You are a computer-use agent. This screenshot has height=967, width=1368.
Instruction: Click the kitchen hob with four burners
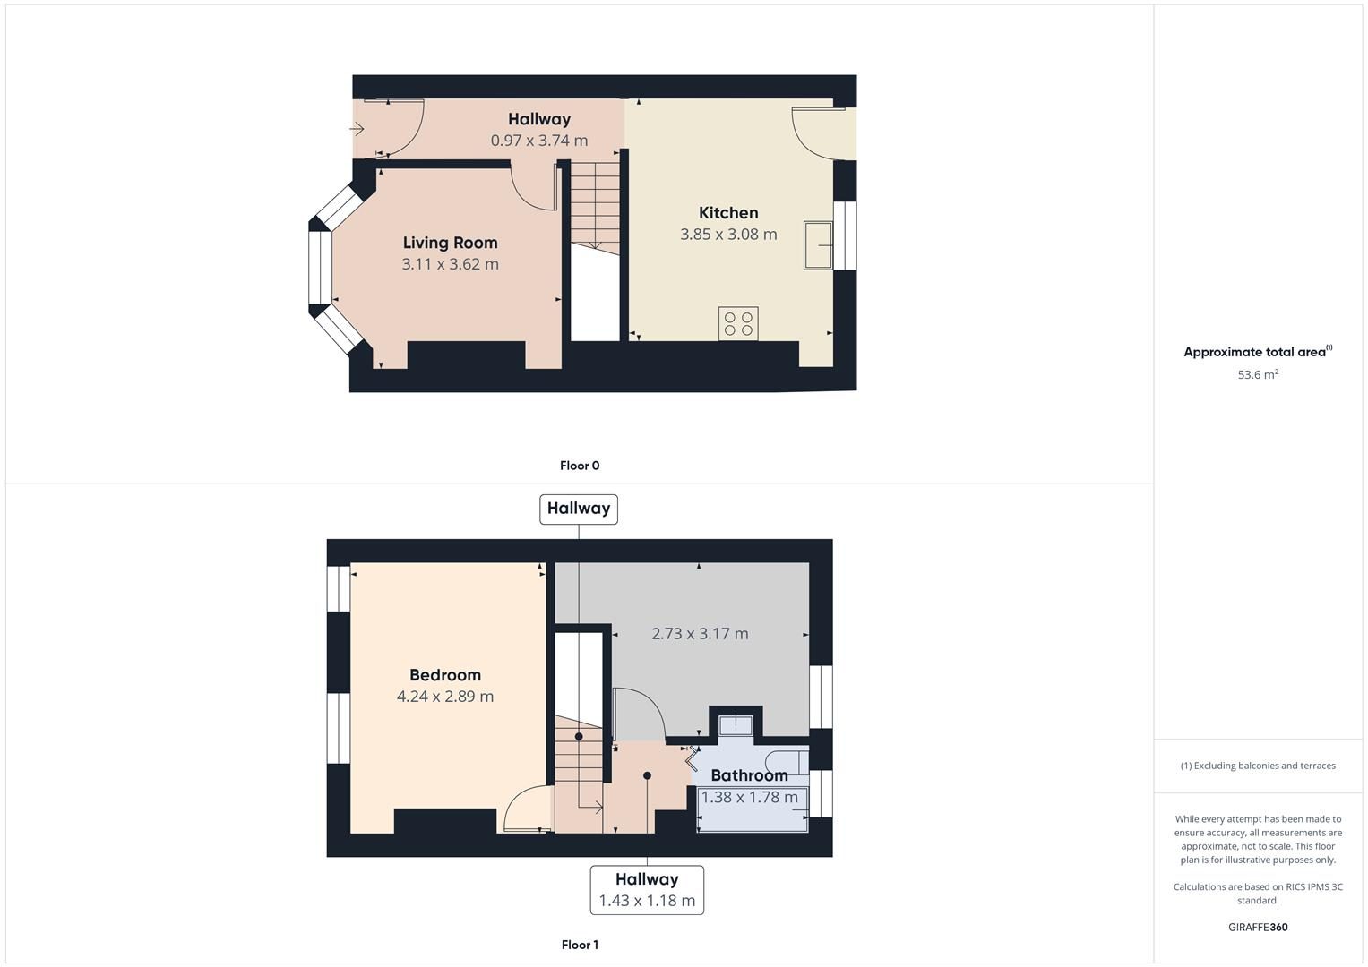click(738, 323)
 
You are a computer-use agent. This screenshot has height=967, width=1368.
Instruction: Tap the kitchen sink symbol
click(818, 245)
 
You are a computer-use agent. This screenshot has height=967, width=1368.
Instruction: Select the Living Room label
click(450, 243)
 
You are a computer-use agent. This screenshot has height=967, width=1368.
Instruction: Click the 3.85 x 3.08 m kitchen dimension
click(728, 235)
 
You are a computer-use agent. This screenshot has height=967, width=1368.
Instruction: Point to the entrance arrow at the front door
click(357, 129)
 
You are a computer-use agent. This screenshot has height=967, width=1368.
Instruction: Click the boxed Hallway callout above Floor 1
click(579, 509)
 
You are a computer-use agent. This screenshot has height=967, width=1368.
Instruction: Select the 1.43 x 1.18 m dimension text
click(647, 901)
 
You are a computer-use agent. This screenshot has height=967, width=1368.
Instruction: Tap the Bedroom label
click(445, 675)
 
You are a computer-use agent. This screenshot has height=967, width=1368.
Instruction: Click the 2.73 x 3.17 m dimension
click(700, 634)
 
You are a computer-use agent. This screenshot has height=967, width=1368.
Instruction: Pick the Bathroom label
click(749, 775)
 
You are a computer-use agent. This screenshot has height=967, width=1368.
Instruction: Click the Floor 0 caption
click(580, 466)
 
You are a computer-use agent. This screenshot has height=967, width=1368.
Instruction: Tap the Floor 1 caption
click(580, 945)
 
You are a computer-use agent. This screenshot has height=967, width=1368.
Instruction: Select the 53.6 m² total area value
click(1258, 375)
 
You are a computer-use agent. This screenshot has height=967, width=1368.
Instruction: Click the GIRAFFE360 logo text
click(1258, 928)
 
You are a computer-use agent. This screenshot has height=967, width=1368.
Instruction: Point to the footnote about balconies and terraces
click(1258, 766)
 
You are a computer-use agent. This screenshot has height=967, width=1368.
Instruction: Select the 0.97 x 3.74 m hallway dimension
click(539, 141)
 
